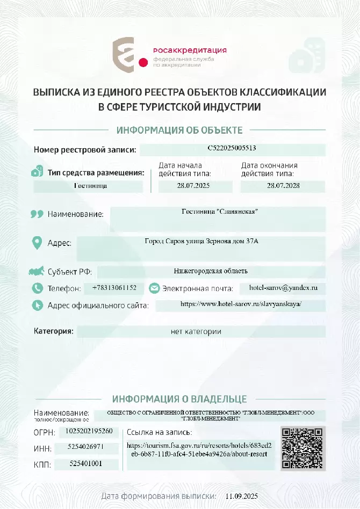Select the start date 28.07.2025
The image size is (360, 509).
pyautogui.click(x=193, y=186)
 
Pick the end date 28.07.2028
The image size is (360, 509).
pyautogui.click(x=283, y=186)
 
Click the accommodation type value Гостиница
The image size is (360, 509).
pyautogui.click(x=90, y=186)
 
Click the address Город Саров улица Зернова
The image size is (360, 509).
pyautogui.click(x=201, y=242)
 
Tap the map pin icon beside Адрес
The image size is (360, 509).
pyautogui.click(x=37, y=242)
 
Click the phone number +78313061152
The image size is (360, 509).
pyautogui.click(x=114, y=288)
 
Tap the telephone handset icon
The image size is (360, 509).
pyautogui.click(x=37, y=288)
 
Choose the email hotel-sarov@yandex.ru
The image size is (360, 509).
pyautogui.click(x=284, y=288)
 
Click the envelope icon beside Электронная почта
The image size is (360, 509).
pyautogui.click(x=154, y=288)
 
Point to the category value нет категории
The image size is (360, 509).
pyautogui.click(x=196, y=332)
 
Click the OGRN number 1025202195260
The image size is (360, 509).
pyautogui.click(x=89, y=431)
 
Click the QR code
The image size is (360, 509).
pyautogui.click(x=303, y=448)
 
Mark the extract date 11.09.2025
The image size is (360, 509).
pyautogui.click(x=242, y=496)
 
